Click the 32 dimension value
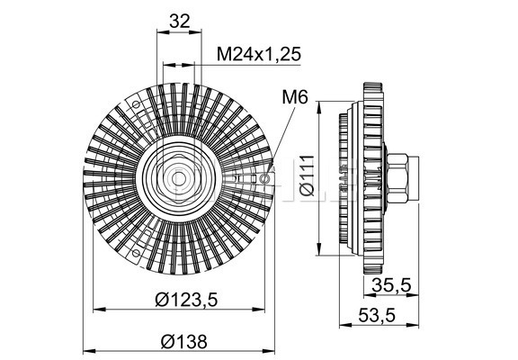coord(180,22)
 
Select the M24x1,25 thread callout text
coord(259,54)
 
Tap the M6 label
coord(295,97)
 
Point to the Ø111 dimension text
coord(308,175)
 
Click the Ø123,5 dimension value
coord(187,300)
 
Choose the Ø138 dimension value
coord(184,341)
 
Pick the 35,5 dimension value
coord(391,285)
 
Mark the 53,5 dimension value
coord(377,316)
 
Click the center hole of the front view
coord(179,179)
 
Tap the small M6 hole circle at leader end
coord(264,179)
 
